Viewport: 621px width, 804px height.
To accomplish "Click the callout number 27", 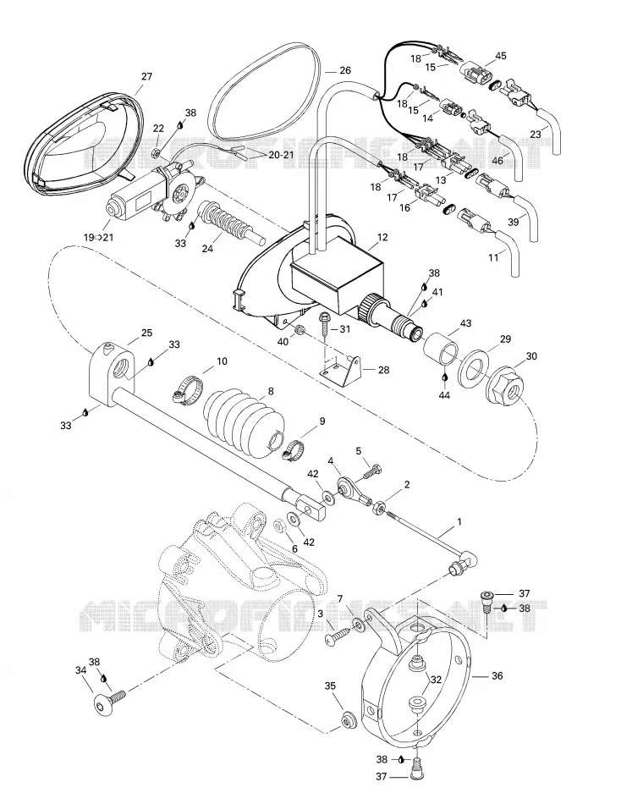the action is click(x=146, y=76).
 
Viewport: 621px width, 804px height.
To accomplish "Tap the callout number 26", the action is click(x=345, y=70).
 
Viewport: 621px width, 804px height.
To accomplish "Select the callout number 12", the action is click(x=382, y=238).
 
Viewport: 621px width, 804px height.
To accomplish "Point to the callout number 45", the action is click(x=501, y=55).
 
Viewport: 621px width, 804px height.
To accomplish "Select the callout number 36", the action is click(x=497, y=676).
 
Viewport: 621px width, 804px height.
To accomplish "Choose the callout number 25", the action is click(x=146, y=333).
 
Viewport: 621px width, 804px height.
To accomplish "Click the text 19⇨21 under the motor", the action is click(x=98, y=238).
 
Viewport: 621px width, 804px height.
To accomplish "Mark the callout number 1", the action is click(x=459, y=522).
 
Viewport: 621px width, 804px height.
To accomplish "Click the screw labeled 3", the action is click(x=337, y=636).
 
